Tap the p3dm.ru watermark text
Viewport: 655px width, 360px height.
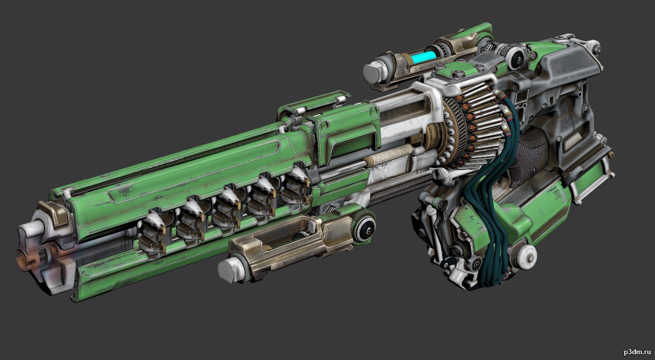[636, 352]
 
